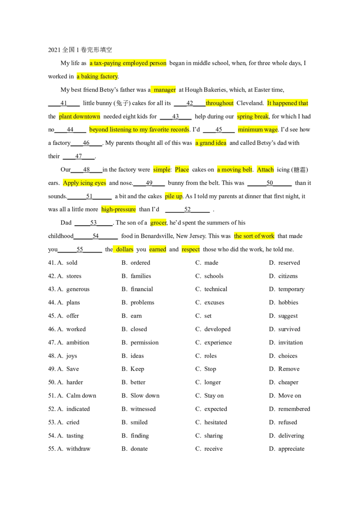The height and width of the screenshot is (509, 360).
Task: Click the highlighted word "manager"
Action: pos(165,89)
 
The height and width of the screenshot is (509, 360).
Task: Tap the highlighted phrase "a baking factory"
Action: pos(98,76)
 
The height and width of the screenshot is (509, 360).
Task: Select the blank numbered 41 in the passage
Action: pos(64,103)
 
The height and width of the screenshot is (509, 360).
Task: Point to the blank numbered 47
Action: pos(79,156)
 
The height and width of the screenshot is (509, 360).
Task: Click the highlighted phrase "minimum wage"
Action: pos(258,129)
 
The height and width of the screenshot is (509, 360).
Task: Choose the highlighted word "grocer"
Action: pos(158,223)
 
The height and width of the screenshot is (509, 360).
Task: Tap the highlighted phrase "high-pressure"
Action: pos(119,210)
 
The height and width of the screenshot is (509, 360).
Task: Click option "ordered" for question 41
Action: pos(140,263)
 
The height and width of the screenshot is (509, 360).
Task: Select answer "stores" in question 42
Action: pos(74,276)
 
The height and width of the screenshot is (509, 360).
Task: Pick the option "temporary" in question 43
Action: pos(292,289)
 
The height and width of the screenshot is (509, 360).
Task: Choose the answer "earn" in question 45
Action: pos(136,316)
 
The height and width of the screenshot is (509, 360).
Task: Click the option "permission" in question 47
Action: pos(144,343)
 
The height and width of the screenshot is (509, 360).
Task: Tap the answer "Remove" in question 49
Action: pos(289,369)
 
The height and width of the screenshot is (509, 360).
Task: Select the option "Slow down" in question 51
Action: pos(145,395)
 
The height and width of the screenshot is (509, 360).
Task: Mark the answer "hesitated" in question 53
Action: pos(216,422)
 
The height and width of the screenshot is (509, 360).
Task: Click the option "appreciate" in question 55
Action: pos(292,449)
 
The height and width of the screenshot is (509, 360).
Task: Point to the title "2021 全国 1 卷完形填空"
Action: pos(80,49)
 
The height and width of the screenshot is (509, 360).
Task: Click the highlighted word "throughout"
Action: pos(220,103)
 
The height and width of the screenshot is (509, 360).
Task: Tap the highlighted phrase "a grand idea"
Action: pos(211,143)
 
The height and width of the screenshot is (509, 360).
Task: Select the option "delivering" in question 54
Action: pos(291,435)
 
